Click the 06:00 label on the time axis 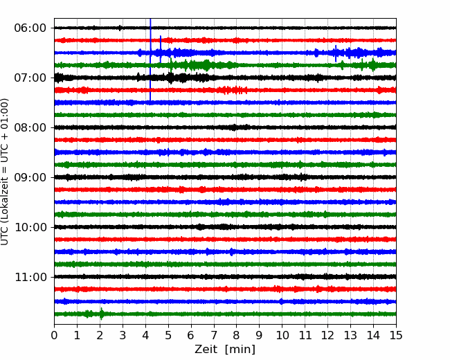(30, 28)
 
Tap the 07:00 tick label (30, 78)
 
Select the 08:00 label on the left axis (30, 127)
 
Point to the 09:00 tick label (30, 177)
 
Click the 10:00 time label (30, 227)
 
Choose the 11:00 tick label (30, 277)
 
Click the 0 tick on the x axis (54, 335)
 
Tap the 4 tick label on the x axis (145, 335)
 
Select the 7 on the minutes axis (214, 335)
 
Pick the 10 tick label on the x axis (282, 335)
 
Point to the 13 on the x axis (350, 335)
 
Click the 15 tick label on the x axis (396, 335)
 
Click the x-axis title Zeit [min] (225, 350)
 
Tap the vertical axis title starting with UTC (4, 172)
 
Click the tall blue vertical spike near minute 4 (150, 60)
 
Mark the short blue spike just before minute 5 (161, 49)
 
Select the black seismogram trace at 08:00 (225, 127)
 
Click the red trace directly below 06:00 (225, 40)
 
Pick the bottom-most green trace (225, 314)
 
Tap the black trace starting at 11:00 (225, 277)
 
